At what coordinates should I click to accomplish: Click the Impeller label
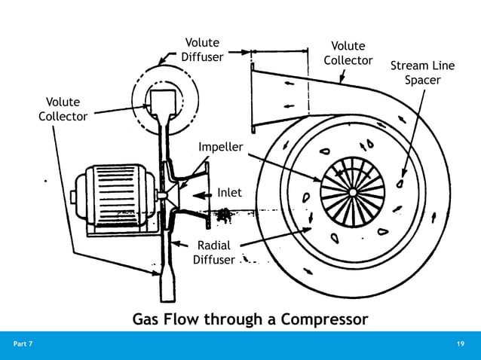tap(220, 146)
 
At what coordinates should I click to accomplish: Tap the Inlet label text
tap(229, 193)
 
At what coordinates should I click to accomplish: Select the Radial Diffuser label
tap(213, 253)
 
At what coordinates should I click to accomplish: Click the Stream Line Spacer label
tap(422, 73)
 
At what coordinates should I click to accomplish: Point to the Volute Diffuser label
tap(202, 50)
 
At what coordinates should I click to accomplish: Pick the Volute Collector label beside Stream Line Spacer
tap(348, 53)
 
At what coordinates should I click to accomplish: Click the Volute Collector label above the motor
tap(63, 109)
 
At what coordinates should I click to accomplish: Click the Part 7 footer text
tap(23, 344)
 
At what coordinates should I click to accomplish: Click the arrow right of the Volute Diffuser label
tap(238, 52)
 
